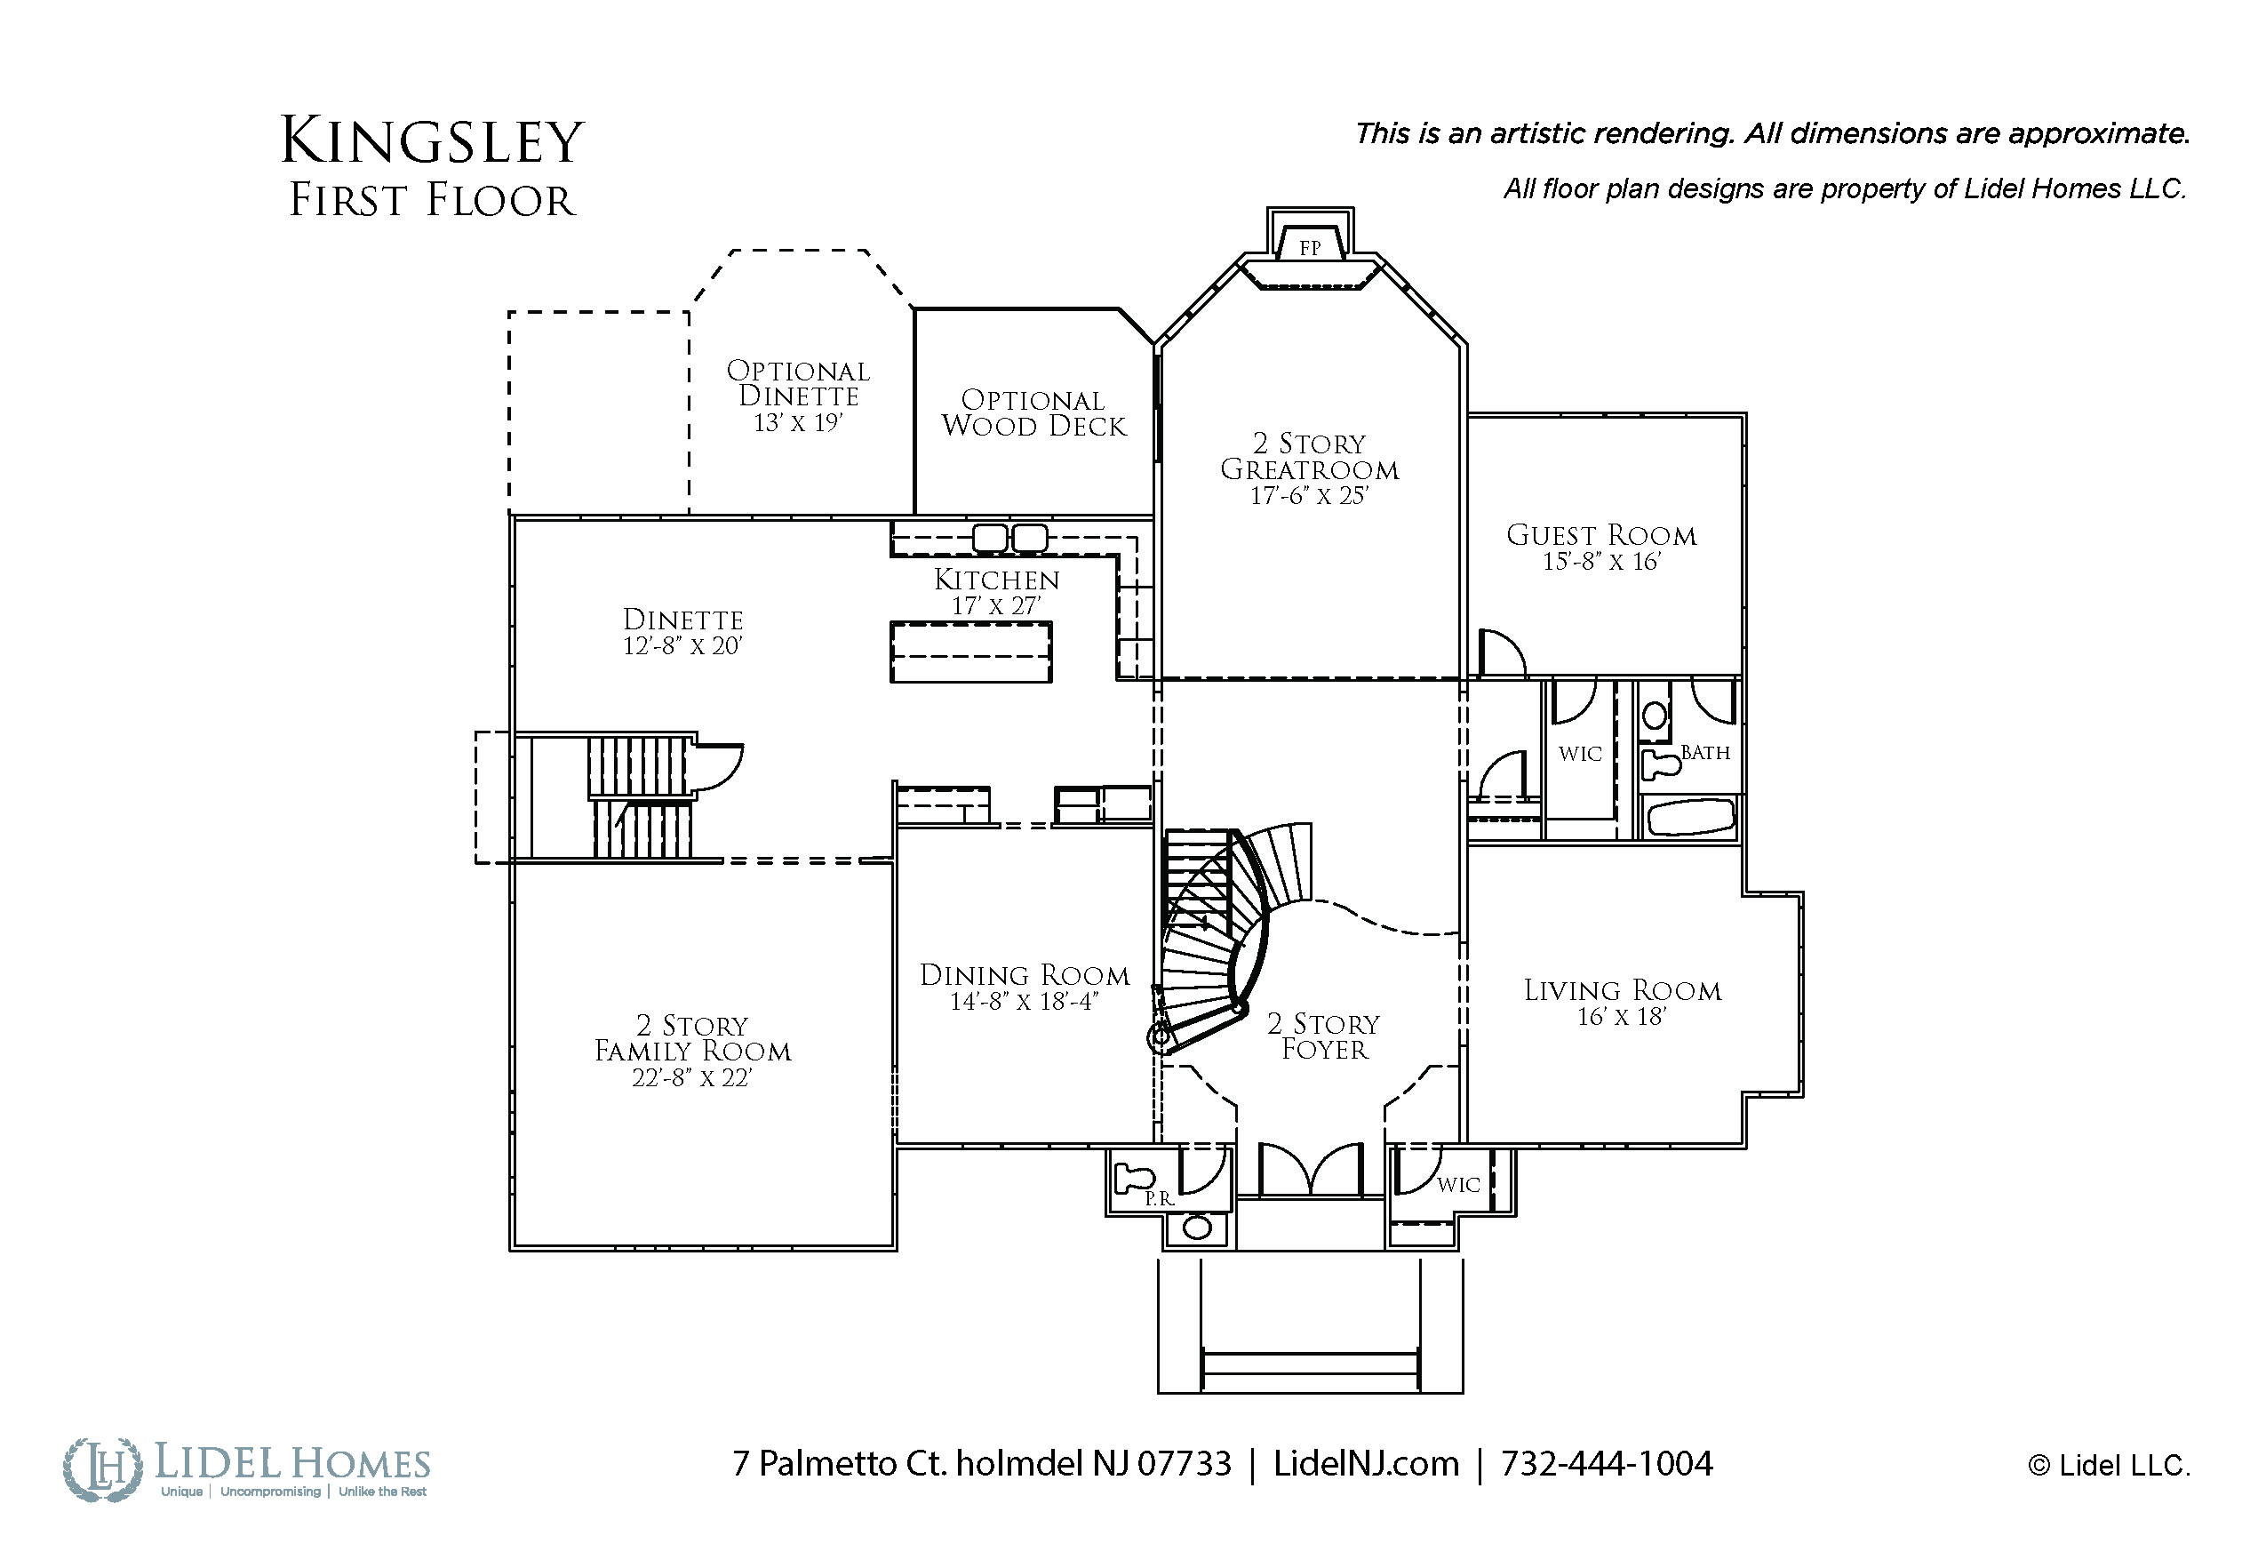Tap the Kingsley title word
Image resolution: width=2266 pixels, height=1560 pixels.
point(432,141)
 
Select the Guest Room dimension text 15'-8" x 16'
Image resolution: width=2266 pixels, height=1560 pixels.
point(1601,562)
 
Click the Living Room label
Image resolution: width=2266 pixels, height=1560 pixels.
point(1622,990)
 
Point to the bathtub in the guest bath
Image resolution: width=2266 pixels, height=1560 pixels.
point(1690,817)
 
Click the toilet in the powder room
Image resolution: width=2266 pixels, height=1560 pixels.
point(1136,1177)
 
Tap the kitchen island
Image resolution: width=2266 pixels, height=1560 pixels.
point(970,652)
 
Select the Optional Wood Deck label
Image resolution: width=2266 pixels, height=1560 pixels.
point(1033,413)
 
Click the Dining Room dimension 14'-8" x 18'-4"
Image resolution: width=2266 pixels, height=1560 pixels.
point(1024,1002)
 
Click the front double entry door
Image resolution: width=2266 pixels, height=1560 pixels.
point(1309,1169)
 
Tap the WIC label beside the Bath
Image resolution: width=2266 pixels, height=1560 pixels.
point(1580,754)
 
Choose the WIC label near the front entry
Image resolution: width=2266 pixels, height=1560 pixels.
point(1458,1185)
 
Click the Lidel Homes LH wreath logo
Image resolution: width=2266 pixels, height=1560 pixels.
point(102,1469)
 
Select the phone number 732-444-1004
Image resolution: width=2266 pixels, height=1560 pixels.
point(1607,1463)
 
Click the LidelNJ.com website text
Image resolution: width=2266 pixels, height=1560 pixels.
point(1366,1463)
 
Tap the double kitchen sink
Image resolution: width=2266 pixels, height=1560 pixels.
point(1010,538)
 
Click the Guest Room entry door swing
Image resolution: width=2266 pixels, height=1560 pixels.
point(1502,652)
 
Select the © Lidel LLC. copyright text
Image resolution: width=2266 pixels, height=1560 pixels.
point(2109,1466)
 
